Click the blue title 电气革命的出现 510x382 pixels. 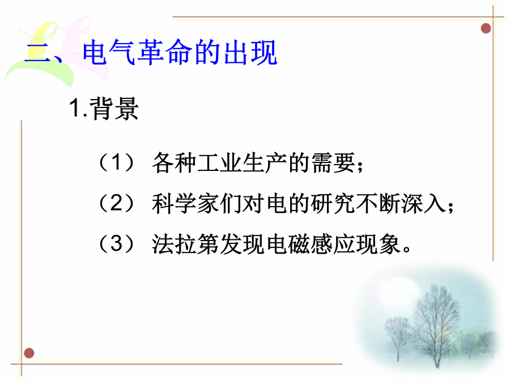pyautogui.click(x=180, y=52)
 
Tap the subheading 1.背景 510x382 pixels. pyautogui.click(x=104, y=109)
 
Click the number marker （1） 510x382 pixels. pyautogui.click(x=116, y=162)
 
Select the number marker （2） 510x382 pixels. pyautogui.click(x=116, y=203)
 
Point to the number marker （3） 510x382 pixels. pyautogui.click(x=116, y=243)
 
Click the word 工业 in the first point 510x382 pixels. pyautogui.click(x=219, y=162)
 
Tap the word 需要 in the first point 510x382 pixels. pyautogui.click(x=333, y=162)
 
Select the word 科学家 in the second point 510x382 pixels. pyautogui.click(x=185, y=203)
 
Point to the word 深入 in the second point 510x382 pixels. pyautogui.click(x=423, y=203)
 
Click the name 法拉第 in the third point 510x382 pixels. pyautogui.click(x=185, y=244)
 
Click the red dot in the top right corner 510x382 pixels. pyautogui.click(x=486, y=28)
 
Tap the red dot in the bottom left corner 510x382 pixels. pyautogui.click(x=29, y=353)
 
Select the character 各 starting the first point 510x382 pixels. pyautogui.click(x=163, y=162)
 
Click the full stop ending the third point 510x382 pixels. pyautogui.click(x=406, y=250)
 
